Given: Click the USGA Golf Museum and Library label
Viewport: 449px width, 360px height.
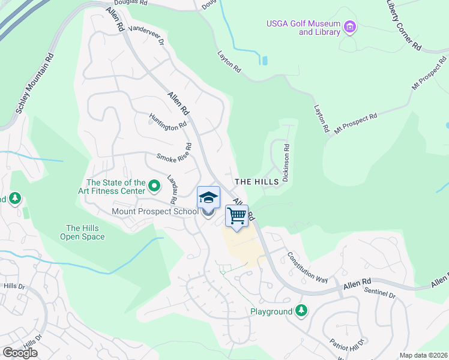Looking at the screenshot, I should [x=303, y=28].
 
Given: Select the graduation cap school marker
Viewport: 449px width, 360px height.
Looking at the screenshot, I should [x=208, y=197].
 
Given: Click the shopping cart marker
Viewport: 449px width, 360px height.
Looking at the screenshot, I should [x=237, y=216].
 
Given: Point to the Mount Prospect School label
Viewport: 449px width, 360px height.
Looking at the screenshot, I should [x=154, y=211].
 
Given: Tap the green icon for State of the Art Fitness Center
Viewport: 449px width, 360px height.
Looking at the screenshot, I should [x=154, y=187].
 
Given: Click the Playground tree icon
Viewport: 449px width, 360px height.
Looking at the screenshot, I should [x=301, y=311].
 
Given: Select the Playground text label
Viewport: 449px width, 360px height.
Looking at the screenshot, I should [x=271, y=311].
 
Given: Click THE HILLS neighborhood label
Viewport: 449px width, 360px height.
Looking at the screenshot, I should [x=256, y=181].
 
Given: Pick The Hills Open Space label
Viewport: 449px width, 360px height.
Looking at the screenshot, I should [x=82, y=232].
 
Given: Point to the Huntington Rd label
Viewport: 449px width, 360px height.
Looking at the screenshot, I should [x=168, y=122].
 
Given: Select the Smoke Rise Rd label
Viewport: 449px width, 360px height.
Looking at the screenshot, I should [x=175, y=153].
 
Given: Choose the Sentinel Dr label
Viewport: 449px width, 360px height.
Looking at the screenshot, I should [x=380, y=293].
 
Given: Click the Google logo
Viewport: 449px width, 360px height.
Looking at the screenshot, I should [x=20, y=353].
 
